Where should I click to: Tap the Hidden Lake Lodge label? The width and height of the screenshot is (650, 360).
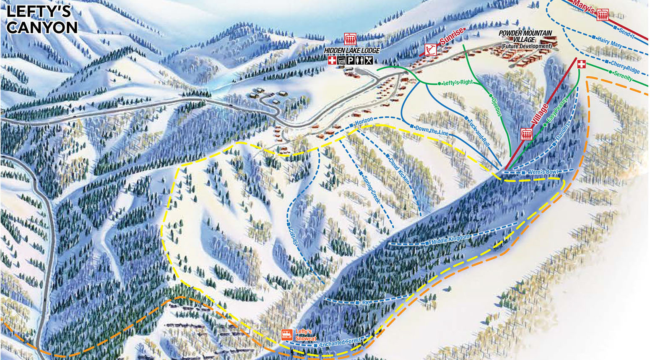coord(352,50)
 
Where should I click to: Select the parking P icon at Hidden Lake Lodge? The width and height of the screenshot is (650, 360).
coord(350,61)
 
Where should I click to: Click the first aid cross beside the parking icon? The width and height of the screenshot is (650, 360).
coord(332,61)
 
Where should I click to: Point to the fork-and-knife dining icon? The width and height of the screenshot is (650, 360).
coord(368,61)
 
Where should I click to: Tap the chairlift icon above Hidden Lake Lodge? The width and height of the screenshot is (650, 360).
coord(350,39)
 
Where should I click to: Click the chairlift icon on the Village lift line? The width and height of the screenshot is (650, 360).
coord(526,134)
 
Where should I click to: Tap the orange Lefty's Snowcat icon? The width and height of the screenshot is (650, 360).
coord(287,335)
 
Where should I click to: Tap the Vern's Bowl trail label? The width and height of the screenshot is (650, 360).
coord(544,172)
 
